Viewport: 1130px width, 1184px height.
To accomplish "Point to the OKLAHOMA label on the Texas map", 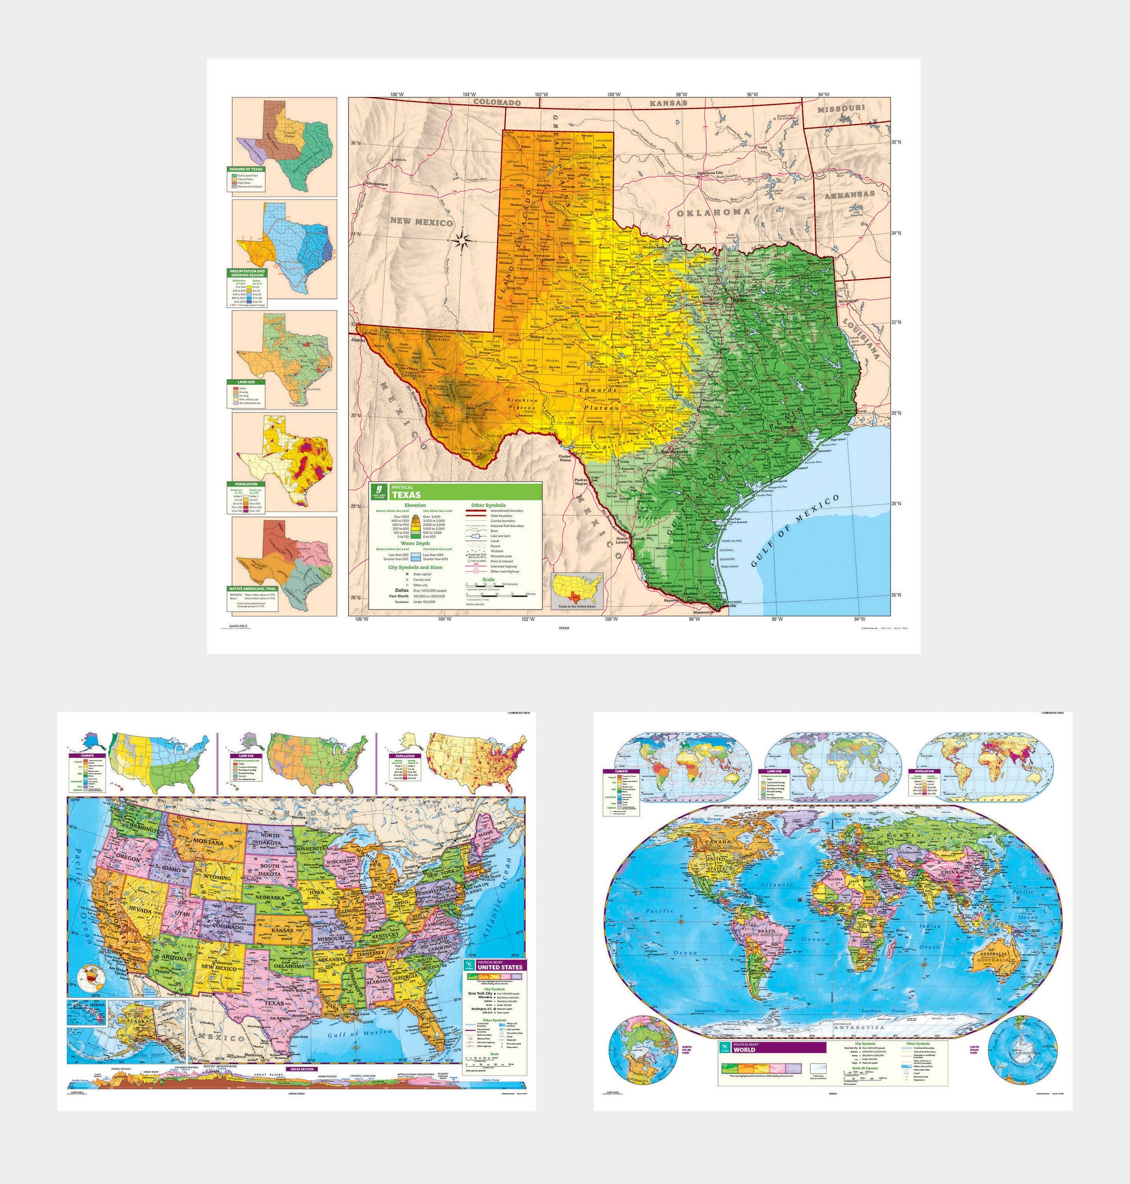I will coord(714,213).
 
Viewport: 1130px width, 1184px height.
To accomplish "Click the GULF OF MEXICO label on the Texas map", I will coord(795,531).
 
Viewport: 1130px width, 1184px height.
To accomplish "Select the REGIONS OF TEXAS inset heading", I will coord(246,169).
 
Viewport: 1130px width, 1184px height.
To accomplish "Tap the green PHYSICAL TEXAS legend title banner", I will coord(455,491).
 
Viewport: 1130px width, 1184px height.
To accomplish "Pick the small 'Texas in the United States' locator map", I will coord(578,590).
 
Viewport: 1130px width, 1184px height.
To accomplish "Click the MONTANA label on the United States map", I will coord(208,842).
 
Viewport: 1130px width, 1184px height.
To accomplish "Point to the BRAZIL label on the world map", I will coord(767,931).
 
